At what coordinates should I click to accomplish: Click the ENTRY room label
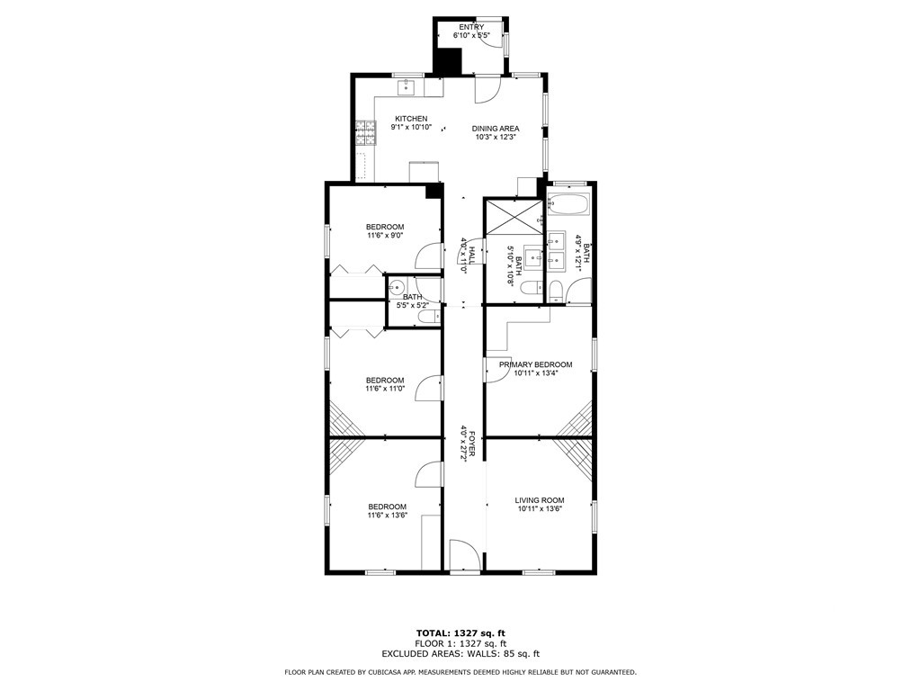[471, 27]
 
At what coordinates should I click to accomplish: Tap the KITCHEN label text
[411, 119]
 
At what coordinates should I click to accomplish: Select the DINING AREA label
[496, 129]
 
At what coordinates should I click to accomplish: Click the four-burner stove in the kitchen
[365, 132]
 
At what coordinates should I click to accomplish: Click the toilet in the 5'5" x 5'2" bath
[429, 317]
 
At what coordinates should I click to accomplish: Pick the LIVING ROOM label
[540, 500]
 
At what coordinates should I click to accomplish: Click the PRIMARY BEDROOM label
[536, 364]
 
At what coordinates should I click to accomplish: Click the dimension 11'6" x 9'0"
[385, 236]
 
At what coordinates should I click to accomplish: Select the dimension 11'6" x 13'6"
[388, 516]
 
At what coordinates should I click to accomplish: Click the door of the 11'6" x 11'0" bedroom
[428, 388]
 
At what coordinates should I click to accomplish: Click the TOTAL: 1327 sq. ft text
[460, 633]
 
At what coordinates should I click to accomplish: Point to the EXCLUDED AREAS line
[460, 653]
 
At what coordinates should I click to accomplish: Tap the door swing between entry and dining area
[487, 89]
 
